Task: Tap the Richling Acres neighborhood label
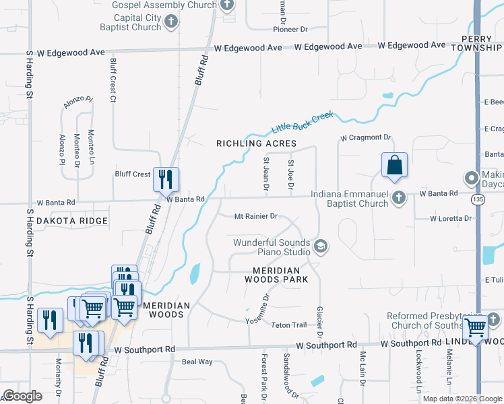point(256,143)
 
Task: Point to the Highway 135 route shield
point(478,199)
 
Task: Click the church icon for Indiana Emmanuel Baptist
point(399,197)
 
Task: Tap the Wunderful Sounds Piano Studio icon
point(320,246)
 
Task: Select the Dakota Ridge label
point(71,221)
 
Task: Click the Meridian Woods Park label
point(276,275)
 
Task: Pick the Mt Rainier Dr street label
point(256,216)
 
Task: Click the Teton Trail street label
point(289,325)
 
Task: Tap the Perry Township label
point(482,44)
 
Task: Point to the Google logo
point(22,395)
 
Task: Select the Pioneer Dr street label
point(290,30)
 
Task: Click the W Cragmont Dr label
point(365,137)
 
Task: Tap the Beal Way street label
point(197,362)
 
